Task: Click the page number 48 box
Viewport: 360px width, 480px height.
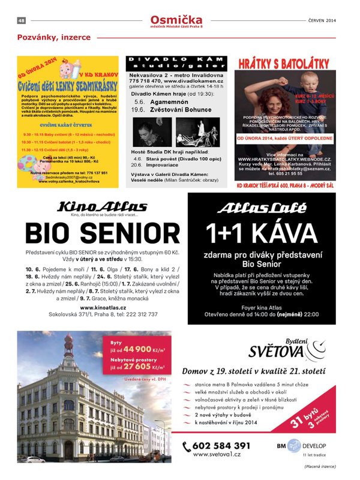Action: point(21,21)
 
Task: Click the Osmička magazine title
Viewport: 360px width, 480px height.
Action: point(176,20)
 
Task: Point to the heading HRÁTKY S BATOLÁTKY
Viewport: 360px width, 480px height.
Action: point(284,63)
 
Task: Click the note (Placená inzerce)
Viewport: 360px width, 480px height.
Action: point(320,466)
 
